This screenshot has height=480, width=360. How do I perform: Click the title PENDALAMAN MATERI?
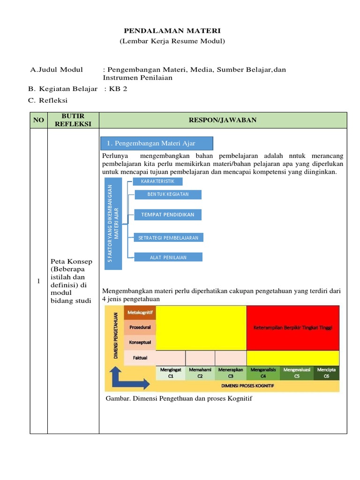click(172, 30)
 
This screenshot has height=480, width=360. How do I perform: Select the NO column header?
click(38, 120)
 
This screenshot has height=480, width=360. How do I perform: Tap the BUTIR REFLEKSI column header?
click(73, 120)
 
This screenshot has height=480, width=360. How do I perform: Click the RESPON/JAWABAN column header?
click(223, 120)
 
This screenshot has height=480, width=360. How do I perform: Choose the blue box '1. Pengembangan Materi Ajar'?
click(157, 143)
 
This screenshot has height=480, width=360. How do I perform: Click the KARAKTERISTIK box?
click(157, 181)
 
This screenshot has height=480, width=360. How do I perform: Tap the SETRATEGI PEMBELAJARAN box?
click(168, 238)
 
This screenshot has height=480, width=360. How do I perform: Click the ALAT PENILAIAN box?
click(168, 257)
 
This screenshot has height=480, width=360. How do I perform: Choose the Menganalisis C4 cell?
click(263, 373)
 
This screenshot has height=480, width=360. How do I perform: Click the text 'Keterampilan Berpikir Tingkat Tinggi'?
click(292, 328)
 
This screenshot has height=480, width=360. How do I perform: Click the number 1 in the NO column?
click(38, 281)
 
